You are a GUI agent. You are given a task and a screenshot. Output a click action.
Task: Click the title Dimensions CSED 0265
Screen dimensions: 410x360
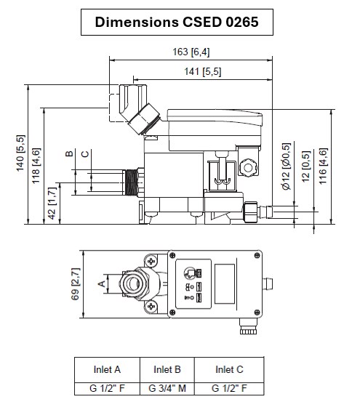(176, 23)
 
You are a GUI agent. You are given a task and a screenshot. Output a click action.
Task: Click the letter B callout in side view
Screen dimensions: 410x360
(69, 153)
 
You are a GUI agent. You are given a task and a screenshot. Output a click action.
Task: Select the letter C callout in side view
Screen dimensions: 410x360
(86, 153)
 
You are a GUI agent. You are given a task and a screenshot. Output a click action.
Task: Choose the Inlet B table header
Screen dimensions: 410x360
(167, 369)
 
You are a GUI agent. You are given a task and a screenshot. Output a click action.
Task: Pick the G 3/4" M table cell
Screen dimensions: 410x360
(167, 388)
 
